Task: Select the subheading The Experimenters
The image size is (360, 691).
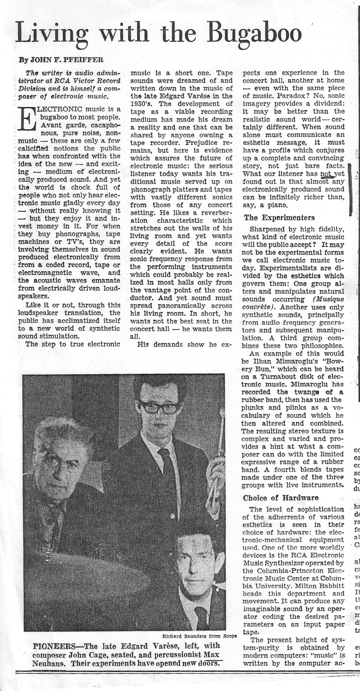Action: point(279,218)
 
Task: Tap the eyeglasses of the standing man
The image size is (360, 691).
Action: point(159,407)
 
